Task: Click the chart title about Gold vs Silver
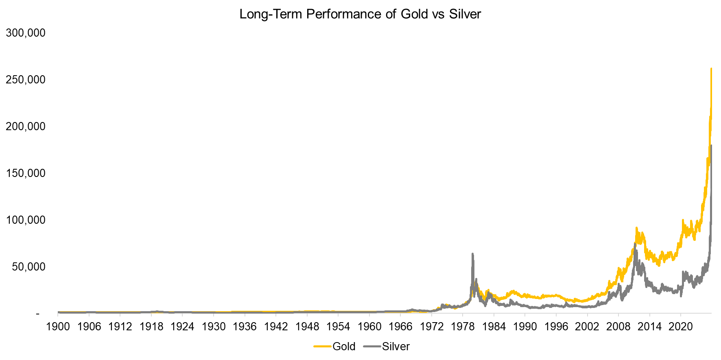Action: [x=360, y=14]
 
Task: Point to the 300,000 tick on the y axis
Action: [x=26, y=33]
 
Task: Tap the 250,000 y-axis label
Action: [x=26, y=80]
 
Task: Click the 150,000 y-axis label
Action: [x=26, y=173]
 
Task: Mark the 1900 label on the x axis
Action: [x=58, y=327]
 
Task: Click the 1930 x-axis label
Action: [x=214, y=327]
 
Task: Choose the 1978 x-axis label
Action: [x=463, y=327]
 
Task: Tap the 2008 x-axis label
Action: [x=618, y=327]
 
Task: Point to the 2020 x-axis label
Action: [x=680, y=327]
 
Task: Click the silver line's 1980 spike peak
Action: [x=472, y=254]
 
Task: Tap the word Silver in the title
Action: [x=465, y=14]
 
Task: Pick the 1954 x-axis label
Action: [x=338, y=327]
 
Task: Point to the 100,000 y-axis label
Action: [x=26, y=220]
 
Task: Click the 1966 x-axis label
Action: [x=400, y=327]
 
